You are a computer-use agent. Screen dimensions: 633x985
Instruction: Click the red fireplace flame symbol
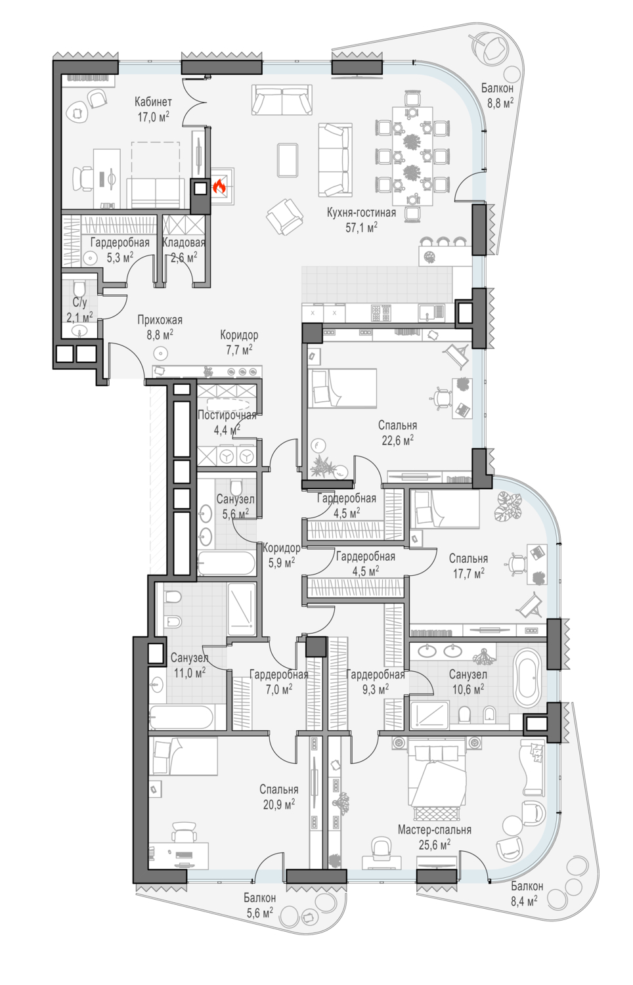219,187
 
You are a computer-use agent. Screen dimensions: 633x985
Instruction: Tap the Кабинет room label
153,102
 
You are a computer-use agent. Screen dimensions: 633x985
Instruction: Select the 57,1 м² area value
361,227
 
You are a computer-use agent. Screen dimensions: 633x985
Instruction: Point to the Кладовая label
184,242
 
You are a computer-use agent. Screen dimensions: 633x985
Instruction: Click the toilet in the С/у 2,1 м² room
79,290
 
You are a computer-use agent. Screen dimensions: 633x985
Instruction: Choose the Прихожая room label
160,320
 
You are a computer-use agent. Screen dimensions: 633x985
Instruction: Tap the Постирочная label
227,415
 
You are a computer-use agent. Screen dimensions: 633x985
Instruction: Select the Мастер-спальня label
434,829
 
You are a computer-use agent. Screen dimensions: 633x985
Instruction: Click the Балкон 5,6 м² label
260,897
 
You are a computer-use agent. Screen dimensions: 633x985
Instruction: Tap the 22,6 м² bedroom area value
397,440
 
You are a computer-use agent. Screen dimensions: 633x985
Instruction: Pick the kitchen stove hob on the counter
381,313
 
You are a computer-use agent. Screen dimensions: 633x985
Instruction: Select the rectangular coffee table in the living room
288,160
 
